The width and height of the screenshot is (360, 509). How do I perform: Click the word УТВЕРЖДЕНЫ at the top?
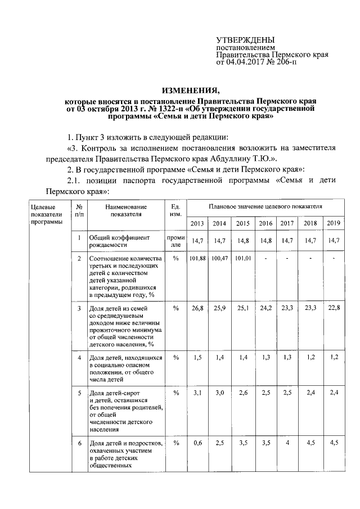coord(246,40)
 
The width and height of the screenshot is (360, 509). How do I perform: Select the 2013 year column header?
coord(197,224)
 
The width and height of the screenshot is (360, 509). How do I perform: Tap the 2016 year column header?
coord(265,224)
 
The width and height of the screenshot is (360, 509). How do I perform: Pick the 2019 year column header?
coord(334,224)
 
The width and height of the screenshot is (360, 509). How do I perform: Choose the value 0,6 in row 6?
coord(197,443)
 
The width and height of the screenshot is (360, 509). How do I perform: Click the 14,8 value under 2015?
coord(242,241)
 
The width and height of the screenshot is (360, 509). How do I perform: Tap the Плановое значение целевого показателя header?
coord(265,206)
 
